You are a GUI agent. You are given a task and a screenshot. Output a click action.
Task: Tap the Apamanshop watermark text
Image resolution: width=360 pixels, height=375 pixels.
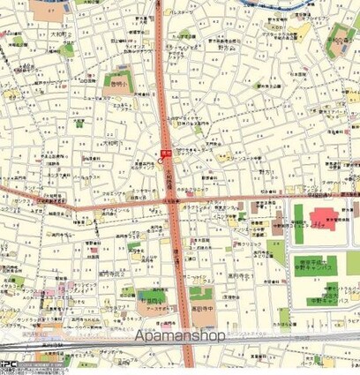click(180, 335)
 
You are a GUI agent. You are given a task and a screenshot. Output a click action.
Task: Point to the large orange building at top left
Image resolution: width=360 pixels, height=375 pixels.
click(45, 11)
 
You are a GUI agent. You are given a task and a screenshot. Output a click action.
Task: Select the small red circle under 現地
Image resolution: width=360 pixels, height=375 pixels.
click(165, 162)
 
